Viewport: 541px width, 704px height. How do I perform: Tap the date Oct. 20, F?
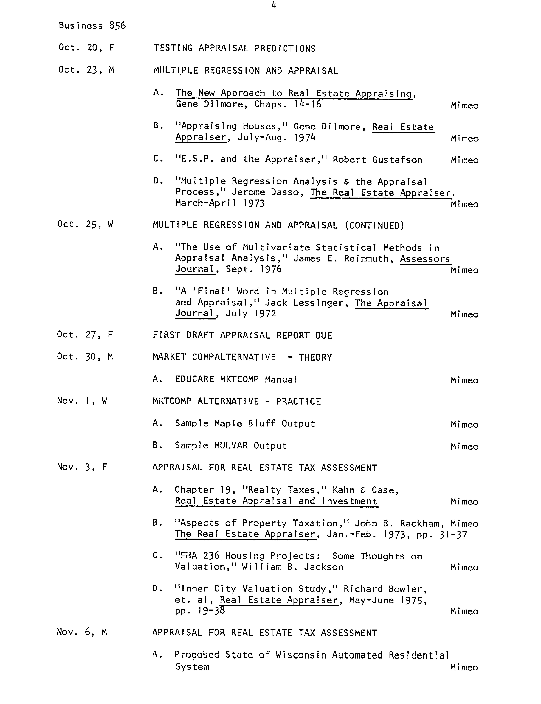click(x=86, y=48)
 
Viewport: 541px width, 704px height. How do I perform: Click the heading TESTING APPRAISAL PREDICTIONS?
click(x=234, y=48)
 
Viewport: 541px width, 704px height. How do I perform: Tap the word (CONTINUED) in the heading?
click(x=374, y=225)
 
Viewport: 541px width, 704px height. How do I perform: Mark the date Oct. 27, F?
click(x=85, y=335)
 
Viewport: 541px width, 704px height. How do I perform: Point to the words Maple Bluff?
click(x=245, y=424)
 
